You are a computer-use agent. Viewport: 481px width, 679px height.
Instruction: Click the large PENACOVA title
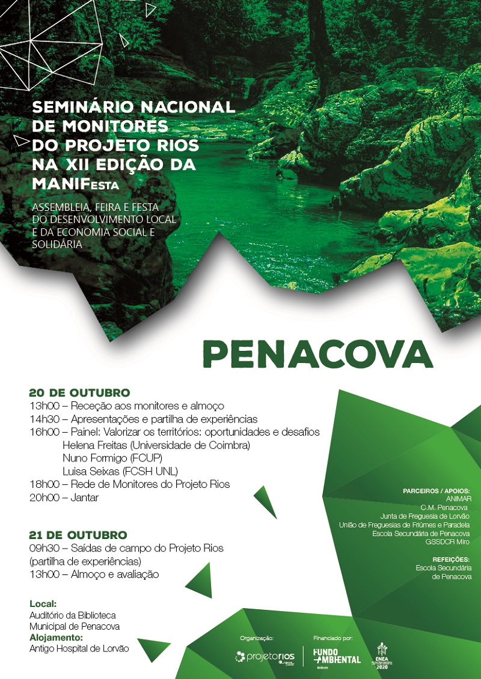pyautogui.click(x=318, y=353)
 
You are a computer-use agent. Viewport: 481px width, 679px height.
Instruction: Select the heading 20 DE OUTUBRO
pyautogui.click(x=79, y=393)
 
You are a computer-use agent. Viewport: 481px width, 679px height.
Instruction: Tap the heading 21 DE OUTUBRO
pyautogui.click(x=78, y=535)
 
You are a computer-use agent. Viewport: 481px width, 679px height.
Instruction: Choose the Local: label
pyautogui.click(x=43, y=603)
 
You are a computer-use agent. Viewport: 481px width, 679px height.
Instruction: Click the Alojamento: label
pyautogui.click(x=57, y=638)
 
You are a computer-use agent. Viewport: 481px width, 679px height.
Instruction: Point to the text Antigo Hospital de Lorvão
pyautogui.click(x=79, y=649)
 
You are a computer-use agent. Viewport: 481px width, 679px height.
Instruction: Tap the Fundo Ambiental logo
pyautogui.click(x=337, y=656)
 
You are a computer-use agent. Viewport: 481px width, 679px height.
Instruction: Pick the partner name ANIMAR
pyautogui.click(x=459, y=499)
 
